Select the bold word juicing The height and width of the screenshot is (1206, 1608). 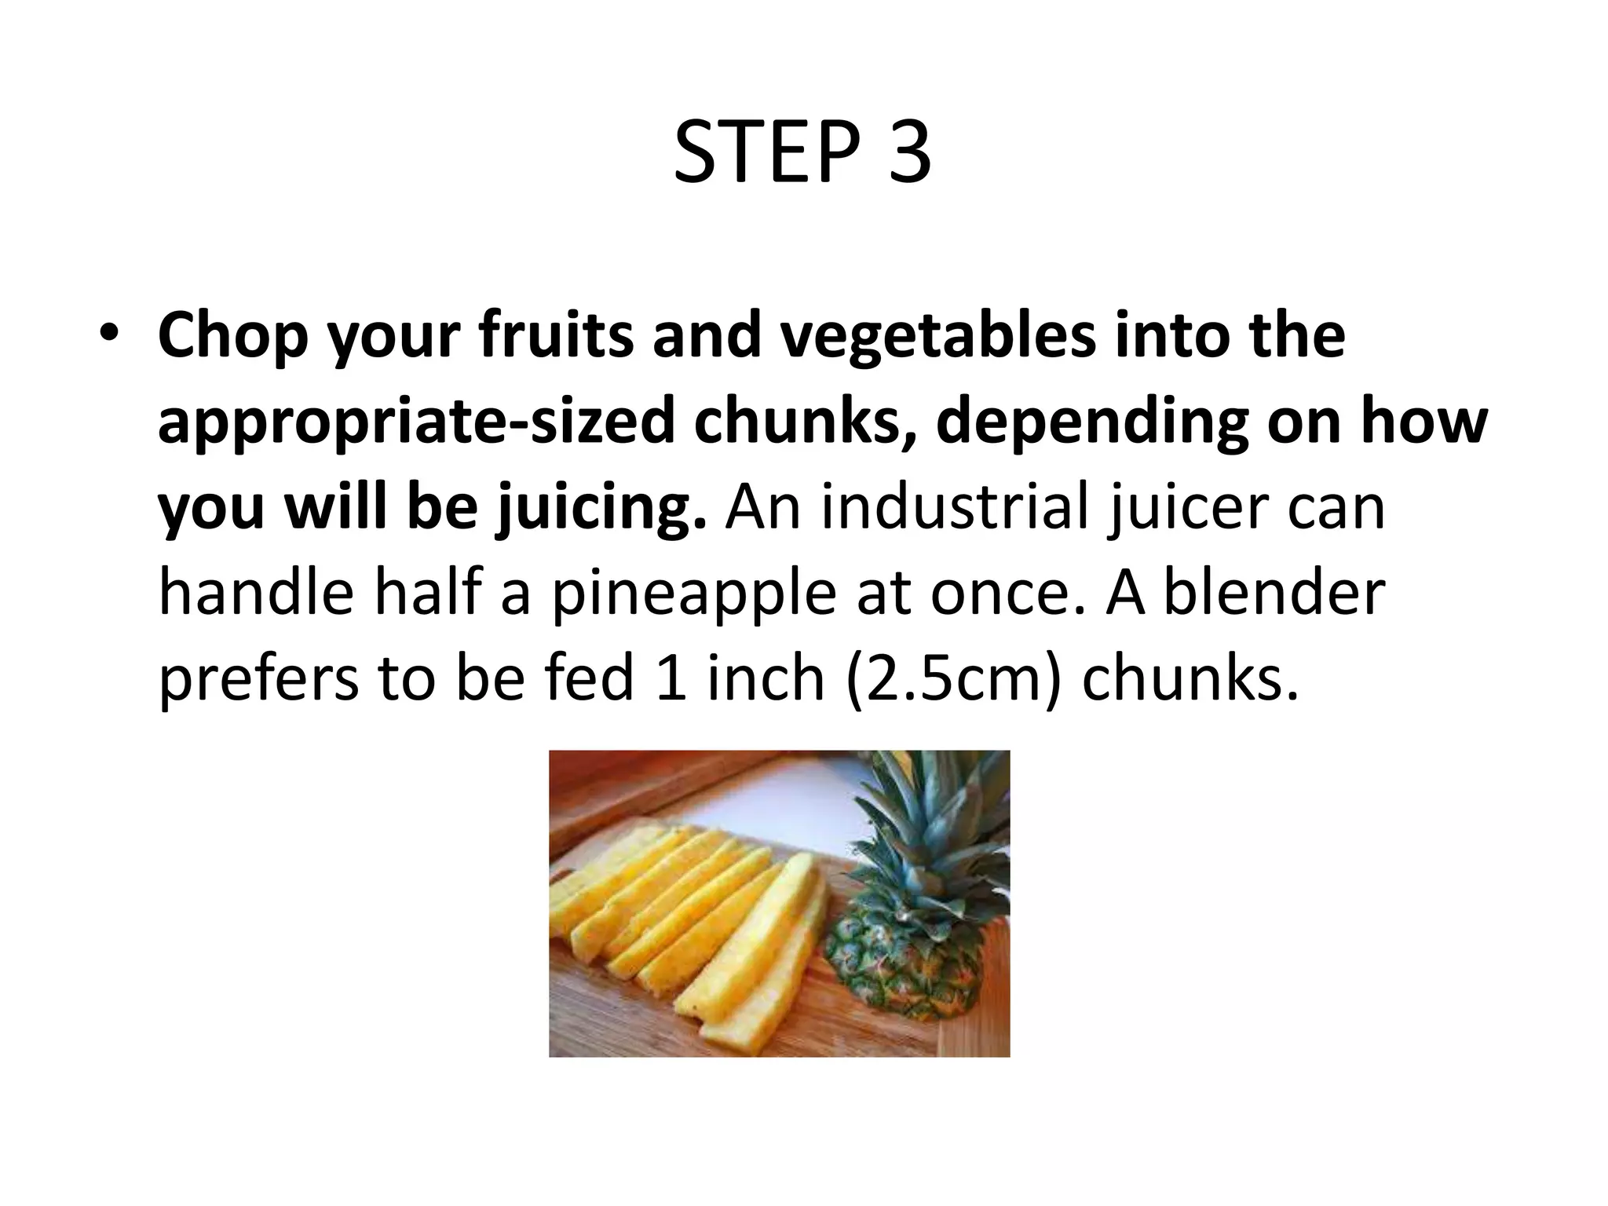(x=601, y=508)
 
